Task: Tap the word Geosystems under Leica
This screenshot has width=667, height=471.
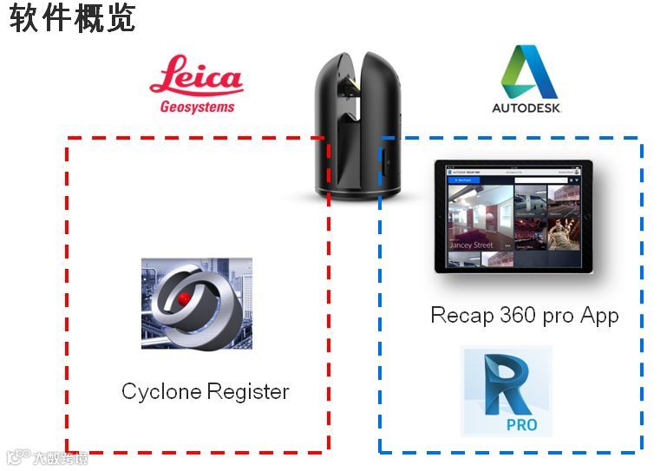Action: (x=197, y=108)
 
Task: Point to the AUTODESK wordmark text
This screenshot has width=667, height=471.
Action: (x=527, y=108)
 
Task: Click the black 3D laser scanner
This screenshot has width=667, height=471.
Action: (x=357, y=121)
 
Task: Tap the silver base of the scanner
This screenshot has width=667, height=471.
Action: (x=357, y=187)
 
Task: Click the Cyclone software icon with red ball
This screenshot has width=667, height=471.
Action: (x=196, y=303)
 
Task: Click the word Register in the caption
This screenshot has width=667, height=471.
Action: (x=246, y=392)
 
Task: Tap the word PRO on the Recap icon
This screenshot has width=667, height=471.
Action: (x=521, y=423)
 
